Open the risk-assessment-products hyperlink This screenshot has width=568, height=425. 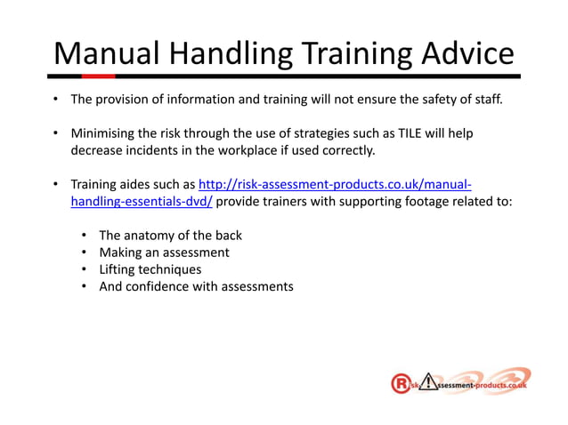tap(334, 185)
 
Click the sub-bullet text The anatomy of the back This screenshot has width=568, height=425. tap(170, 236)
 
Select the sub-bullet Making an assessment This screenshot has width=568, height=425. tap(164, 253)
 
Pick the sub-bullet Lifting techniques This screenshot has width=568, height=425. tap(150, 269)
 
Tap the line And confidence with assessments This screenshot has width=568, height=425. tap(196, 286)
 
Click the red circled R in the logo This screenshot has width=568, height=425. tap(401, 384)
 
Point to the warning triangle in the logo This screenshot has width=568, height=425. tap(429, 383)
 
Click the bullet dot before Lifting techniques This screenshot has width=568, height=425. tap(83, 269)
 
